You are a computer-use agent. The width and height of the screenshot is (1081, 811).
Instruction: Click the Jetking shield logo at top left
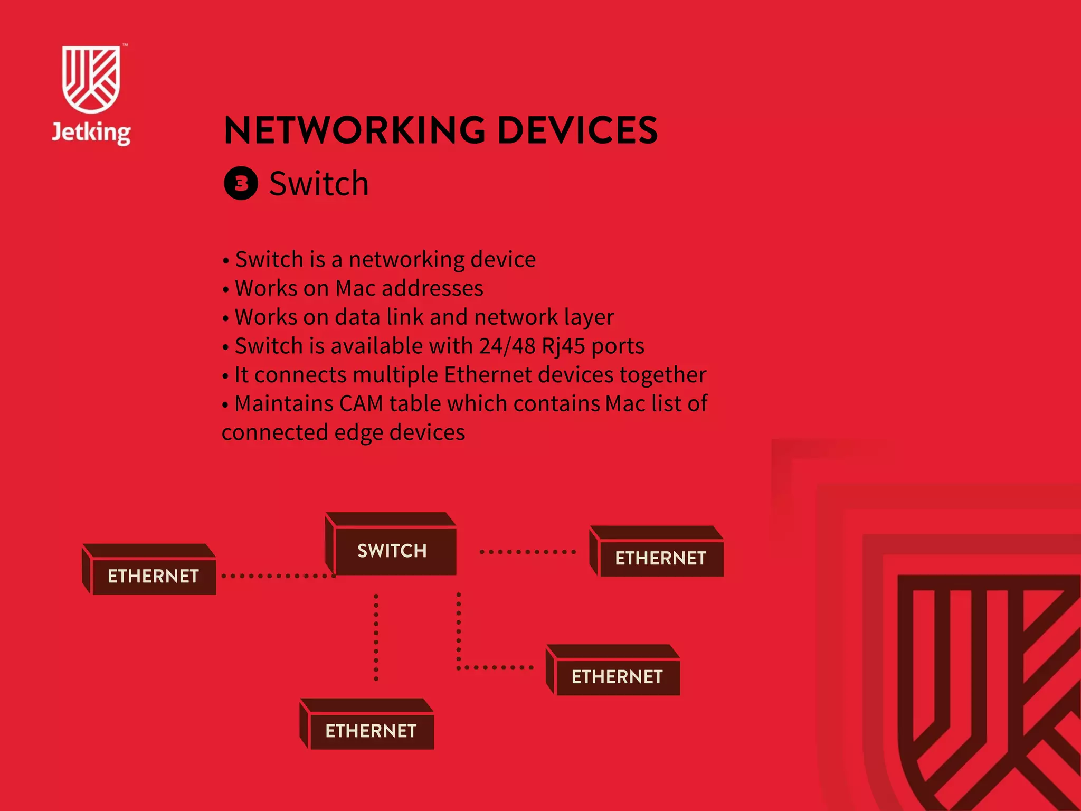(91, 79)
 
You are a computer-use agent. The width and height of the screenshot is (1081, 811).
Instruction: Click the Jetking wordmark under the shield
(91, 133)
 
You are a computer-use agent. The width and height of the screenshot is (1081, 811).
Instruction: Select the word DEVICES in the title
(577, 130)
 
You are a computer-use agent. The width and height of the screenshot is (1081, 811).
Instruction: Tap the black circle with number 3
(241, 183)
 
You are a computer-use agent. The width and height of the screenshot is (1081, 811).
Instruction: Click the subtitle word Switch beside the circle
(319, 184)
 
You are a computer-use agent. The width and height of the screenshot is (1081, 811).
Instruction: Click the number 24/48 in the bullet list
(507, 346)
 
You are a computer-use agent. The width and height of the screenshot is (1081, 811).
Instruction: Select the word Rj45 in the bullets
(563, 346)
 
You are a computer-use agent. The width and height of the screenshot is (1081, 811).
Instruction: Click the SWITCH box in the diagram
(392, 551)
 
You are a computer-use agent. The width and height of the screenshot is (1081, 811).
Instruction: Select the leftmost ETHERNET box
(153, 576)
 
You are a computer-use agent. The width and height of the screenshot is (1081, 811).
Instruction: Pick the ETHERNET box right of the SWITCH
(660, 558)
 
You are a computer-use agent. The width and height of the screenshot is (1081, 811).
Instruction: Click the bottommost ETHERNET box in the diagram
(371, 730)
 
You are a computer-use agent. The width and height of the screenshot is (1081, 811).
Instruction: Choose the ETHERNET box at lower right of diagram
(617, 676)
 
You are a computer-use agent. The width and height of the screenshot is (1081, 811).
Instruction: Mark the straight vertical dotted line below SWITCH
(376, 637)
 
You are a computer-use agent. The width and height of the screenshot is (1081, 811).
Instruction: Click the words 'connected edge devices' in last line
(343, 432)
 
